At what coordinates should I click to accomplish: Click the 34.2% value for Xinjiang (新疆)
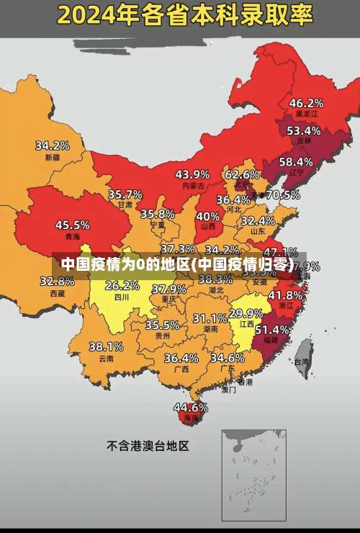[x=53, y=145]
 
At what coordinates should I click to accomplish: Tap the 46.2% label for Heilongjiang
[x=306, y=102]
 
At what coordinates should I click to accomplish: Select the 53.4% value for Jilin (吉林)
[x=303, y=130]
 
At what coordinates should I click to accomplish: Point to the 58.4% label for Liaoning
[x=296, y=161]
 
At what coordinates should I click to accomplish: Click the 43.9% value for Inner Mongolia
[x=192, y=174]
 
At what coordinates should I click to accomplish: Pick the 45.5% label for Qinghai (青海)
[x=72, y=225]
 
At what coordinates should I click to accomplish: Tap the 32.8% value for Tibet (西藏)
[x=57, y=281]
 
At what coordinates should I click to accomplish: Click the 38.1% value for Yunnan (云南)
[x=106, y=346]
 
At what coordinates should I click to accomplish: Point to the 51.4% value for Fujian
[x=272, y=328]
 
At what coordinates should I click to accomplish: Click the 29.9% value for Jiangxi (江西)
[x=246, y=313]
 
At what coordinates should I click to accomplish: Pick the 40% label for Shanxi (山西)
[x=208, y=215]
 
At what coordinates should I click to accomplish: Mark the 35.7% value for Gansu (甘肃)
[x=125, y=194]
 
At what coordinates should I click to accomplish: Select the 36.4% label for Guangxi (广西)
[x=181, y=357]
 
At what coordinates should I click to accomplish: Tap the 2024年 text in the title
[x=91, y=14]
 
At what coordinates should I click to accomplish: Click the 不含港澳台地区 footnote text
[x=148, y=446]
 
